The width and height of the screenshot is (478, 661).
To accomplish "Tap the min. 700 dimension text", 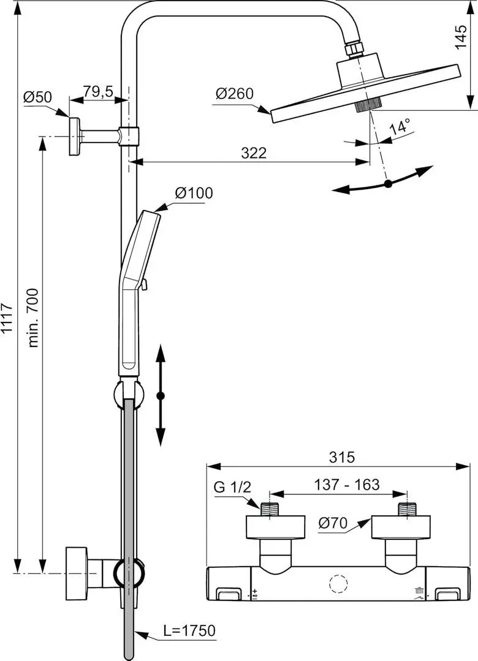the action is (33, 318).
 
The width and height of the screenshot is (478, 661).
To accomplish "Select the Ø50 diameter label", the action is (37, 97).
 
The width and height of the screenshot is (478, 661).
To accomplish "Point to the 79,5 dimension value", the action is (98, 91).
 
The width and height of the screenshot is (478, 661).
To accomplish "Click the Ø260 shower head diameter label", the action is (235, 93).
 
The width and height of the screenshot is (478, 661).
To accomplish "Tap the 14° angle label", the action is (400, 126).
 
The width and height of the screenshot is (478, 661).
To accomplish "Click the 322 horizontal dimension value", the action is (254, 152).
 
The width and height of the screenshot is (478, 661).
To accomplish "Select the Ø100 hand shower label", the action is (194, 193).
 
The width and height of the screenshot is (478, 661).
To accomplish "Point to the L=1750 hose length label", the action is (189, 630).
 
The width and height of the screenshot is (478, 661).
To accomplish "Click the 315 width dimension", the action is (341, 457).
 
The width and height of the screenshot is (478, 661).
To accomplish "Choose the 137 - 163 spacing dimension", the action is (347, 484).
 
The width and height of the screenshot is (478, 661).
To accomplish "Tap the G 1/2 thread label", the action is (232, 487).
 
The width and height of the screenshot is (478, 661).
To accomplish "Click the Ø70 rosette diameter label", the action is (333, 523).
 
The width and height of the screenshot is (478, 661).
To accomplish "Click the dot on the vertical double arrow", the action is (160, 396).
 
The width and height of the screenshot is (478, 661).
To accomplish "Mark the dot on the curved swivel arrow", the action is (389, 184).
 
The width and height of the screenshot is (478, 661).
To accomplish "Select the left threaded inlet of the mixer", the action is (269, 510).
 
